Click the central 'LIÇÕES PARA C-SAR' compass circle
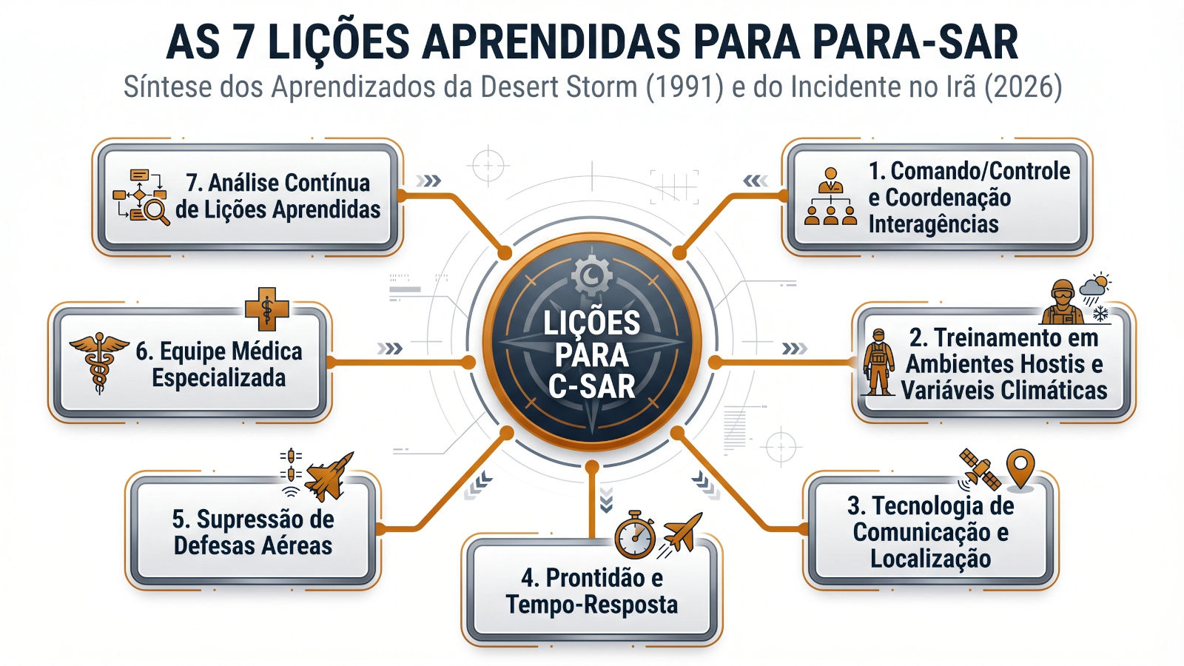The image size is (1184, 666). pos(592,348)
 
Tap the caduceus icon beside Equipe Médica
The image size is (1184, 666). pos(98,361)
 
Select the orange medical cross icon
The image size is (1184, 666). pos(266,309)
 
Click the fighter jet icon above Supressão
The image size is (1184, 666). pos(328,476)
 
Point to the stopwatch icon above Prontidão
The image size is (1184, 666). pos(635,535)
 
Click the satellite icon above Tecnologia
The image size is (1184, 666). pos(980,469)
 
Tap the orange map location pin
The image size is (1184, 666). pos(1021,468)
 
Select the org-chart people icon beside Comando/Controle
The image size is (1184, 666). pos(830,197)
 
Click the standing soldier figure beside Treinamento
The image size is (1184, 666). pos(878,362)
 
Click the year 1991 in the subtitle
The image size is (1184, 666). pos(684,87)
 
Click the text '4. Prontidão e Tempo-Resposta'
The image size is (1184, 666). pos(591,591)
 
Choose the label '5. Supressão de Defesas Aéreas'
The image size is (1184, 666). pos(253,532)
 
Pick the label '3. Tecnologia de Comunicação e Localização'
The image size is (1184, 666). pos(931,532)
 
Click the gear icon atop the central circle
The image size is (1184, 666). pos(592,275)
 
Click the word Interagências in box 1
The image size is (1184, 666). pos(933,224)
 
